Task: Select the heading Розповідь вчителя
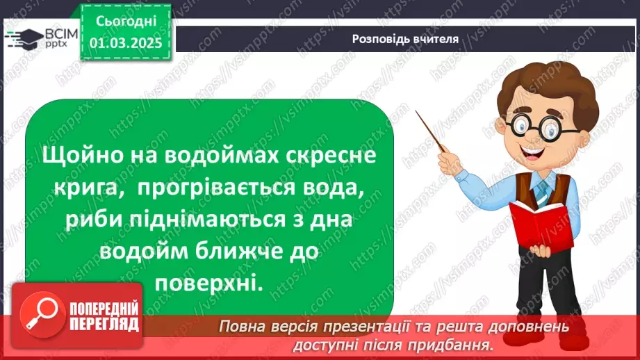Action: click(404, 38)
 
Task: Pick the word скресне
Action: click(329, 156)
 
